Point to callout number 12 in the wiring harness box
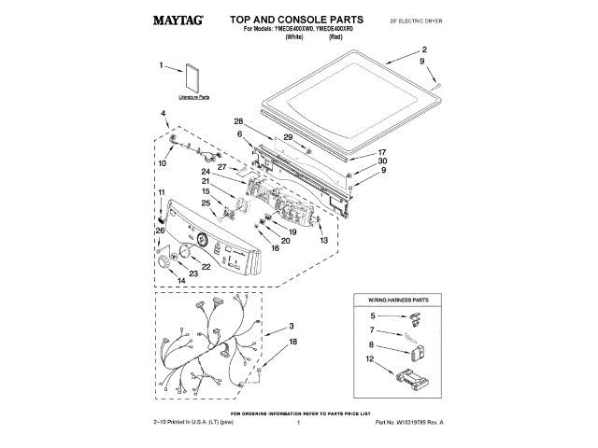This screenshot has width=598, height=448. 370,359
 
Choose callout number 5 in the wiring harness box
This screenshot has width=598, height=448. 372,316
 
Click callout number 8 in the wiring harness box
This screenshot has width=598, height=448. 371,344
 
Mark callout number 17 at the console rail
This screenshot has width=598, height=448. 381,152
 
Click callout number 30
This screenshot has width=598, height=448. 381,161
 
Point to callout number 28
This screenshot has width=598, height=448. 239,122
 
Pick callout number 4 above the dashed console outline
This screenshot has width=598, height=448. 163,114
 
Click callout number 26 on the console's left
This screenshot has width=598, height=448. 159,231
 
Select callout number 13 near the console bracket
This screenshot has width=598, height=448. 323,241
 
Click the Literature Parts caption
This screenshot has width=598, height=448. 193,96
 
